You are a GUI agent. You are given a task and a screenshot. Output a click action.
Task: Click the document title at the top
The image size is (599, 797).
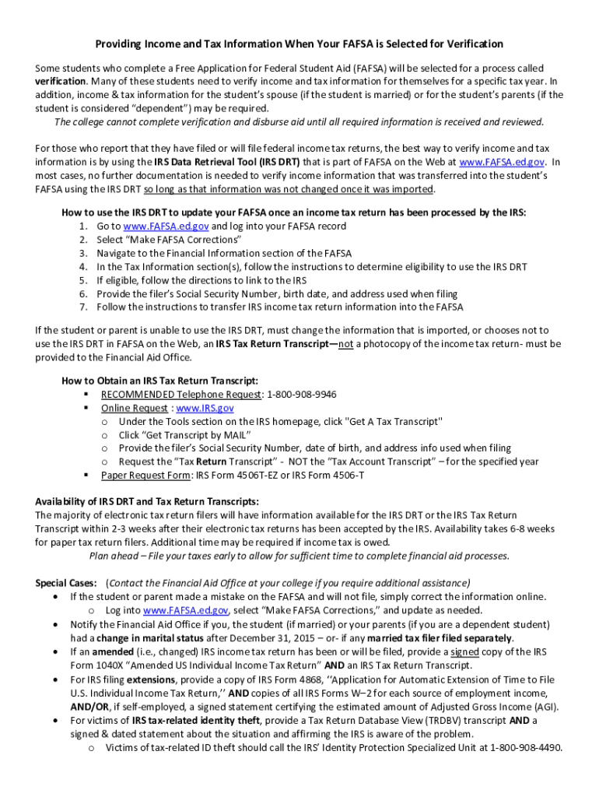(299, 44)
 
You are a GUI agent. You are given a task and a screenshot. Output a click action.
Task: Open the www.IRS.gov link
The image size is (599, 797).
(205, 408)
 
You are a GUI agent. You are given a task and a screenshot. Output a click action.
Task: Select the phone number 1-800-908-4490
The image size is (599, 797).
(526, 748)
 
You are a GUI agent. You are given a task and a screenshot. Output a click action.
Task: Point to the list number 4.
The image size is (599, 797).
(82, 267)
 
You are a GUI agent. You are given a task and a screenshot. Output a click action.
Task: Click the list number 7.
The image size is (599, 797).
(82, 307)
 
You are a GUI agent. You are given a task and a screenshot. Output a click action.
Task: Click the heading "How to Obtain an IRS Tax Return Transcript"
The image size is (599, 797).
(160, 381)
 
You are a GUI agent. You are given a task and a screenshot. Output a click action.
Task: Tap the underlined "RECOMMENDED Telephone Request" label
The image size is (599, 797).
(180, 395)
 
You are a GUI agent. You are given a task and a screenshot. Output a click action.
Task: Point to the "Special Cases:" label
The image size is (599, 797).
(66, 583)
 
